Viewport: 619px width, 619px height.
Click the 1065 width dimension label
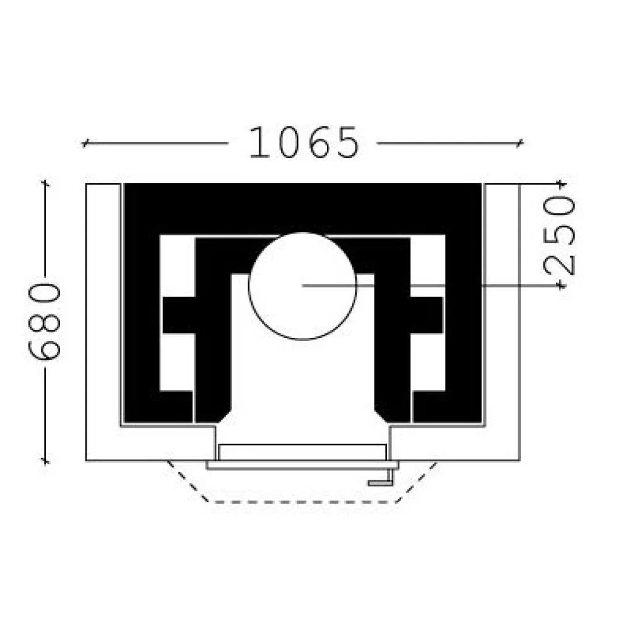(x=304, y=142)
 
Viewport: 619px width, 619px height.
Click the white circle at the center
(x=303, y=286)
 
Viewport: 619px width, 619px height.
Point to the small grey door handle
(x=381, y=479)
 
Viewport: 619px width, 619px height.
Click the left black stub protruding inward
(x=179, y=315)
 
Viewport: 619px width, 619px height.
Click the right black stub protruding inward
(x=426, y=315)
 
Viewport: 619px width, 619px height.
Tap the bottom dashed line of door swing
(x=303, y=502)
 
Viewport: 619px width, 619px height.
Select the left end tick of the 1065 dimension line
(x=84, y=143)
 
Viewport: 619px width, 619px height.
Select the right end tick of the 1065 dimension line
(x=521, y=143)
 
